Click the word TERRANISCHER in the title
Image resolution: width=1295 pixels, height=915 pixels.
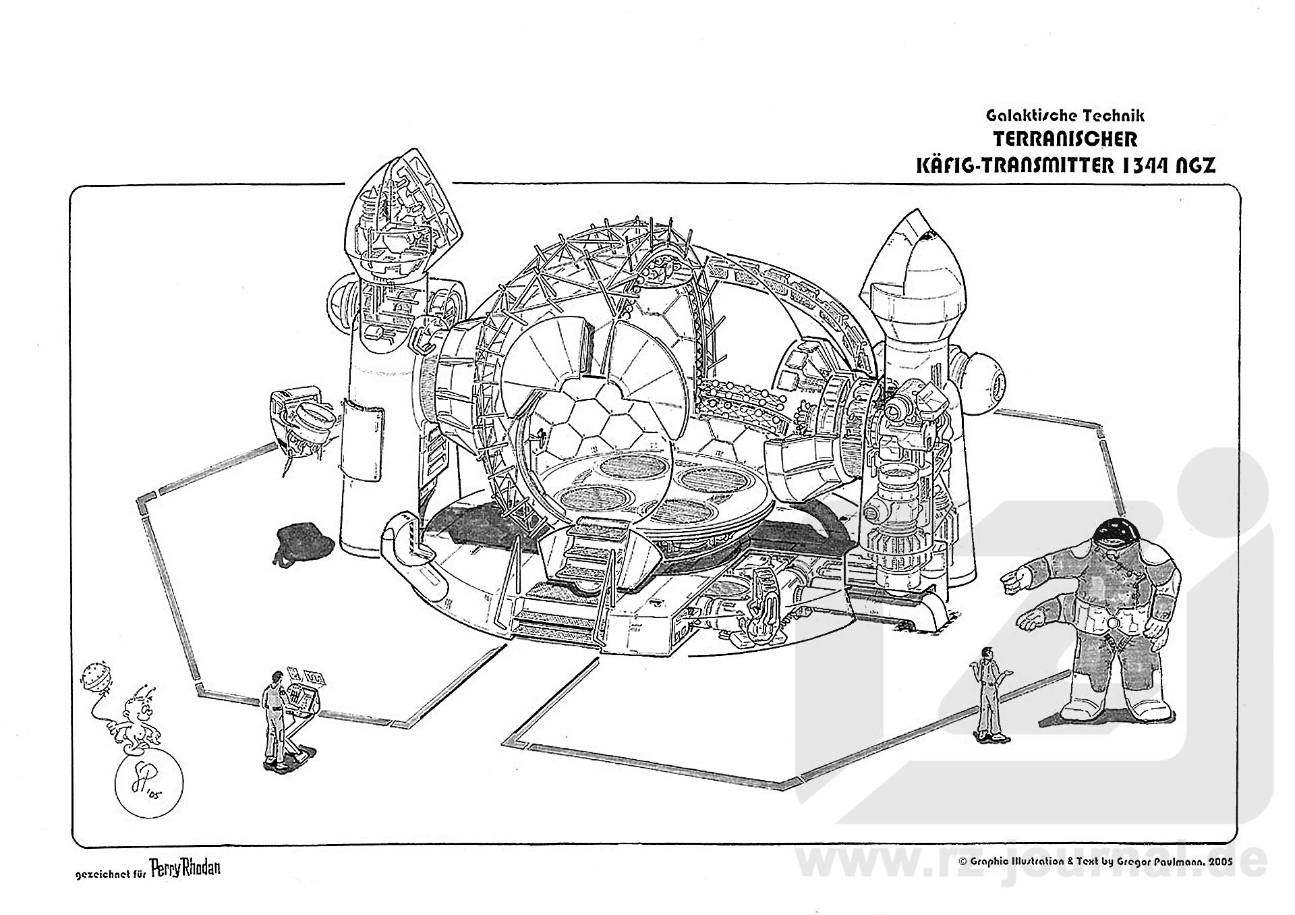[x=1066, y=140]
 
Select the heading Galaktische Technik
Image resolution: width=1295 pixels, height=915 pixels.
[x=1065, y=116]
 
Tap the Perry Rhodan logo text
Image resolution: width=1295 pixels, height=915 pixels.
[x=185, y=869]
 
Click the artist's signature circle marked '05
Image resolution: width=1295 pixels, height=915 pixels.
[x=148, y=786]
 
